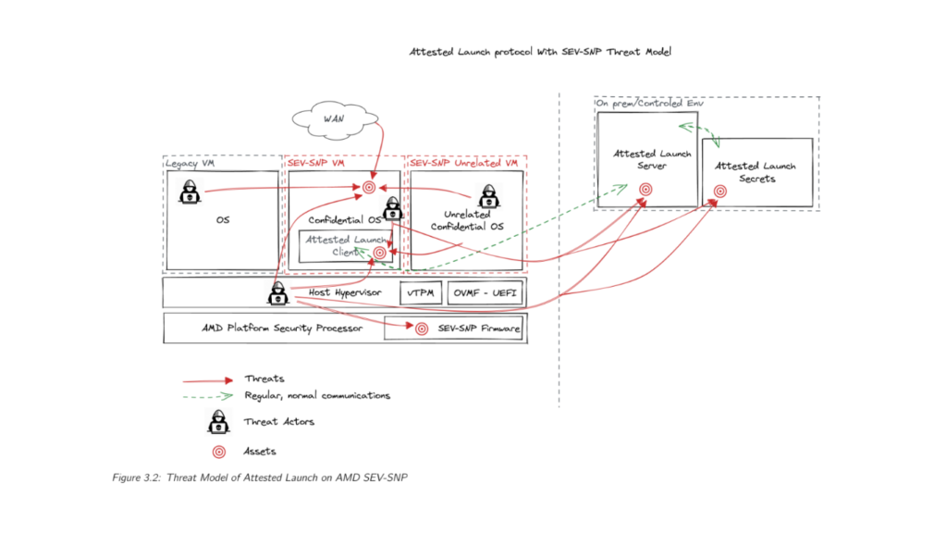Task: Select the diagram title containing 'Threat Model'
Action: [x=540, y=52]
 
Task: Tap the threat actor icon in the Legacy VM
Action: [x=190, y=192]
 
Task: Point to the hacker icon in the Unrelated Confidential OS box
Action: [x=487, y=196]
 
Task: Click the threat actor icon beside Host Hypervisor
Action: [x=277, y=295]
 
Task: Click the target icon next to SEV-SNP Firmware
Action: [x=422, y=328]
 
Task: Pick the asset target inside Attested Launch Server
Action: [x=646, y=188]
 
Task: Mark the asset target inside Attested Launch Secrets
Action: [x=719, y=192]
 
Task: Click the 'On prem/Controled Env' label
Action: [x=642, y=104]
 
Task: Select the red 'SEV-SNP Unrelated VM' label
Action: [x=463, y=163]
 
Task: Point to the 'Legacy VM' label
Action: [x=193, y=163]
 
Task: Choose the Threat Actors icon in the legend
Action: [x=219, y=423]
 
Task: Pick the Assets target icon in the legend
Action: [x=219, y=452]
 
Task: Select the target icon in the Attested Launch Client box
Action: [x=379, y=253]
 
